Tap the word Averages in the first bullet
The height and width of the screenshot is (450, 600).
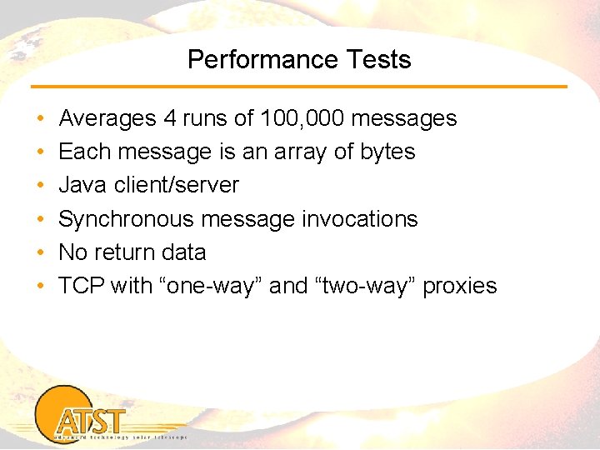pyautogui.click(x=107, y=118)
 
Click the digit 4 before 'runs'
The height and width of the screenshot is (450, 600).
pyautogui.click(x=170, y=118)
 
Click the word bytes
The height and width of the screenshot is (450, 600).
pyautogui.click(x=387, y=152)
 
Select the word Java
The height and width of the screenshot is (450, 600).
pyautogui.click(x=82, y=185)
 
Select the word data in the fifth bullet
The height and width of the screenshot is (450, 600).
pyautogui.click(x=183, y=252)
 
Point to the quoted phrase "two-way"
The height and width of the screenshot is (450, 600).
pyautogui.click(x=366, y=286)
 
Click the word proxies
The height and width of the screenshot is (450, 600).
pyautogui.click(x=460, y=286)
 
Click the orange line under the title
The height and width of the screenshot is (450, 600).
pyautogui.click(x=299, y=87)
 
